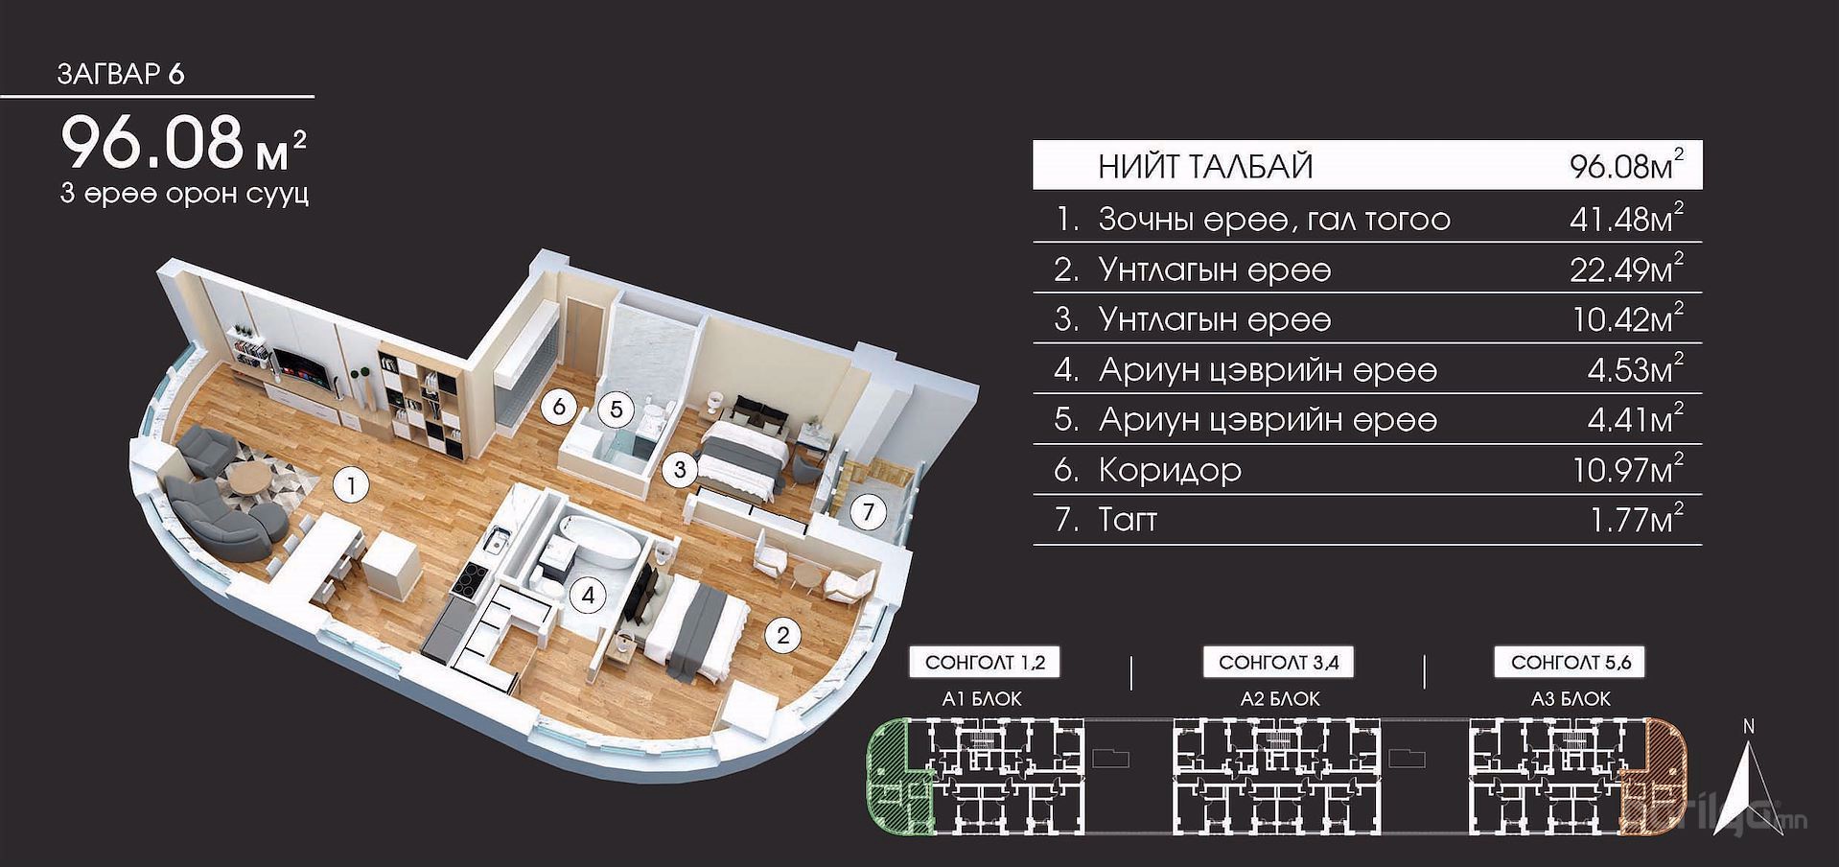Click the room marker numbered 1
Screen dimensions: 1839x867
352,486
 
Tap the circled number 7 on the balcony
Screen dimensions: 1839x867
869,512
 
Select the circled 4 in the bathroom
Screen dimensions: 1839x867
588,596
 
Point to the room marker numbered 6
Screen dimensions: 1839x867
559,407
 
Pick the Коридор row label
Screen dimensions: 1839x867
1170,470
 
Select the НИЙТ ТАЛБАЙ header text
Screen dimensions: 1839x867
1205,167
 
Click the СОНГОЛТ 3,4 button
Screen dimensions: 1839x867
1279,662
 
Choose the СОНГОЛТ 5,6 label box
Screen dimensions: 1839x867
1571,662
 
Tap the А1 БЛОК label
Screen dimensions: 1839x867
982,699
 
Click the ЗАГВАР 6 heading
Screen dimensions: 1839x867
121,74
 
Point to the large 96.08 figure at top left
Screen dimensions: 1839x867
153,142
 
